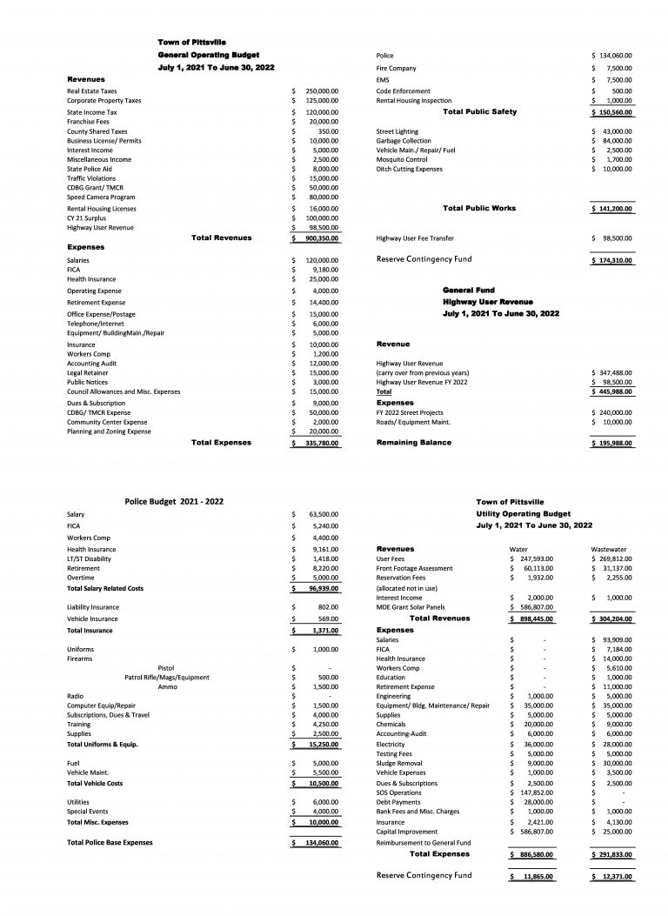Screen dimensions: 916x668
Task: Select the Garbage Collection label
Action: [x=403, y=141]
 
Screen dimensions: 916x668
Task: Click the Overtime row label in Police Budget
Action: [x=80, y=578]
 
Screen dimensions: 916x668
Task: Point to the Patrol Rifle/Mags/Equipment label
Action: [x=167, y=677]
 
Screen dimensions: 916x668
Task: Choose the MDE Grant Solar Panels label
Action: [x=411, y=607]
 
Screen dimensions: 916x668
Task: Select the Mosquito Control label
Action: [x=401, y=160]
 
